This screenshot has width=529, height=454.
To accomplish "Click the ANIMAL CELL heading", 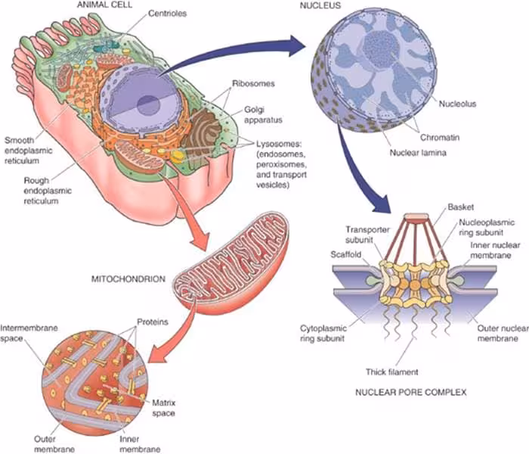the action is [x=104, y=5].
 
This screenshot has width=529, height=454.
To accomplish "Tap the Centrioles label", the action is [x=167, y=14].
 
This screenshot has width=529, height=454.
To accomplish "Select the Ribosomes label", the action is [x=253, y=83].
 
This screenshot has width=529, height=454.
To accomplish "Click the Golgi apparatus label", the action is [x=263, y=115].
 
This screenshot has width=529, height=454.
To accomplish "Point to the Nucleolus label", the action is [x=457, y=104].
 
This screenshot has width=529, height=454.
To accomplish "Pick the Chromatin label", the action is [x=440, y=138].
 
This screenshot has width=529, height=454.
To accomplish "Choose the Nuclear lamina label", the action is [x=418, y=153].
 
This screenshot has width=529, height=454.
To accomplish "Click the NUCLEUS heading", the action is [x=320, y=5].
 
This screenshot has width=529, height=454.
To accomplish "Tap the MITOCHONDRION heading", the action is [x=128, y=279].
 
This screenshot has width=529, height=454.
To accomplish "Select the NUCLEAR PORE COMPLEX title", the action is [x=411, y=392].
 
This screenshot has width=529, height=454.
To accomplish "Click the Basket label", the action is [x=461, y=207].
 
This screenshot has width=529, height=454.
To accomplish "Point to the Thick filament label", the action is [x=392, y=372].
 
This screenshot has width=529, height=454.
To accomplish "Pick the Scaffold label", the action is [x=346, y=254].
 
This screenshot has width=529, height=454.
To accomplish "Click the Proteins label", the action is [x=153, y=322].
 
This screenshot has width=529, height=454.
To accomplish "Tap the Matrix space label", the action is [x=163, y=408].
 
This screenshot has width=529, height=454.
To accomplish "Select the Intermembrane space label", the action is [x=29, y=333].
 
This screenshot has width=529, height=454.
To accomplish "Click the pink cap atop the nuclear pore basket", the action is [x=416, y=218].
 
